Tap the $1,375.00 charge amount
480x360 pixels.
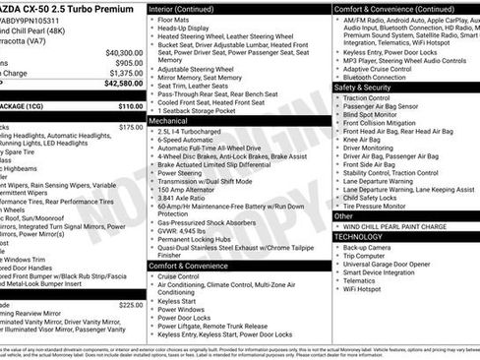click(x=126, y=73)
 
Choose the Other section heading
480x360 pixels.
click(x=344, y=215)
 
